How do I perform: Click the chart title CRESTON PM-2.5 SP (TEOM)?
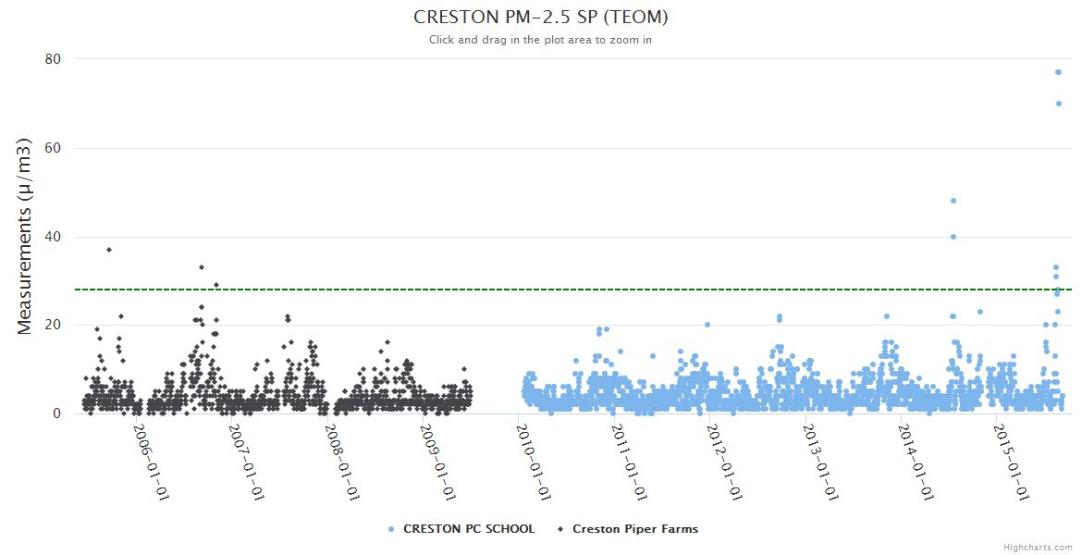541,18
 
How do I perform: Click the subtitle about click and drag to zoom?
541,40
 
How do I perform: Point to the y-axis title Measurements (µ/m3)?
25,236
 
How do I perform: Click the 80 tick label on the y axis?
53,59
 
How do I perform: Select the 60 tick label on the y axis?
53,148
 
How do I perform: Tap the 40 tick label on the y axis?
53,237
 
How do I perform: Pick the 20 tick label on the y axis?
53,325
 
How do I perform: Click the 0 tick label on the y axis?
56,413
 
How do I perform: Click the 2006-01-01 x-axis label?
152,462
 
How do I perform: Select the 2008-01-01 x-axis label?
343,462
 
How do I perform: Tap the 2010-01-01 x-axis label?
535,462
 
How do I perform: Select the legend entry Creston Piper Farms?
634,529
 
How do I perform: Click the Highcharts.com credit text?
1038,547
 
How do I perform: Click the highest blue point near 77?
1058,72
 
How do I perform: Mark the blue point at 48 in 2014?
953,201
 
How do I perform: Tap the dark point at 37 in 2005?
109,250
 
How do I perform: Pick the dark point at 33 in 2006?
202,267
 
